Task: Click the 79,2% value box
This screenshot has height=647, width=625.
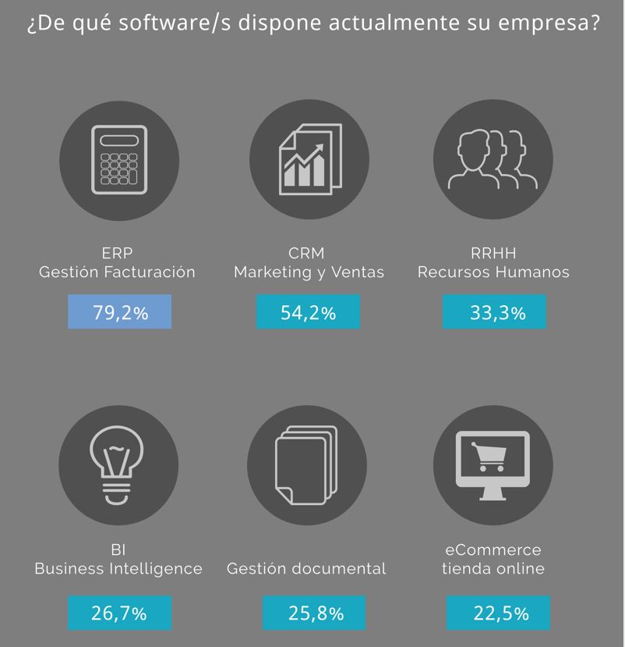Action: click(x=119, y=313)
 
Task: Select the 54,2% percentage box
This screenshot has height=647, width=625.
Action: click(x=308, y=313)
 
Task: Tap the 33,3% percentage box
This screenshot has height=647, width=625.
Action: click(x=494, y=313)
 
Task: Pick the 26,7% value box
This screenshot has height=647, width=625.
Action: click(x=119, y=613)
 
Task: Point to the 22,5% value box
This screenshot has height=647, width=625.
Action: click(x=498, y=613)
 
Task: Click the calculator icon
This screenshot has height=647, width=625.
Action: click(x=119, y=159)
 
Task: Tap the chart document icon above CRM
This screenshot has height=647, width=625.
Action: click(x=309, y=159)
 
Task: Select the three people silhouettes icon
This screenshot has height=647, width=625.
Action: click(x=493, y=159)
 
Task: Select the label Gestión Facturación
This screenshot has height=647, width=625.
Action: click(x=117, y=272)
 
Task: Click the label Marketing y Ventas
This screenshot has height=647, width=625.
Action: click(x=309, y=272)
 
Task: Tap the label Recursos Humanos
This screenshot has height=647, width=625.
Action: click(x=493, y=272)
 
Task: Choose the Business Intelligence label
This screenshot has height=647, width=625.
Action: click(x=118, y=569)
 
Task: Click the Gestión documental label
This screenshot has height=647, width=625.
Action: click(x=306, y=569)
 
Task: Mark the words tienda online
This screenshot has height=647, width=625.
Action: click(x=493, y=569)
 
